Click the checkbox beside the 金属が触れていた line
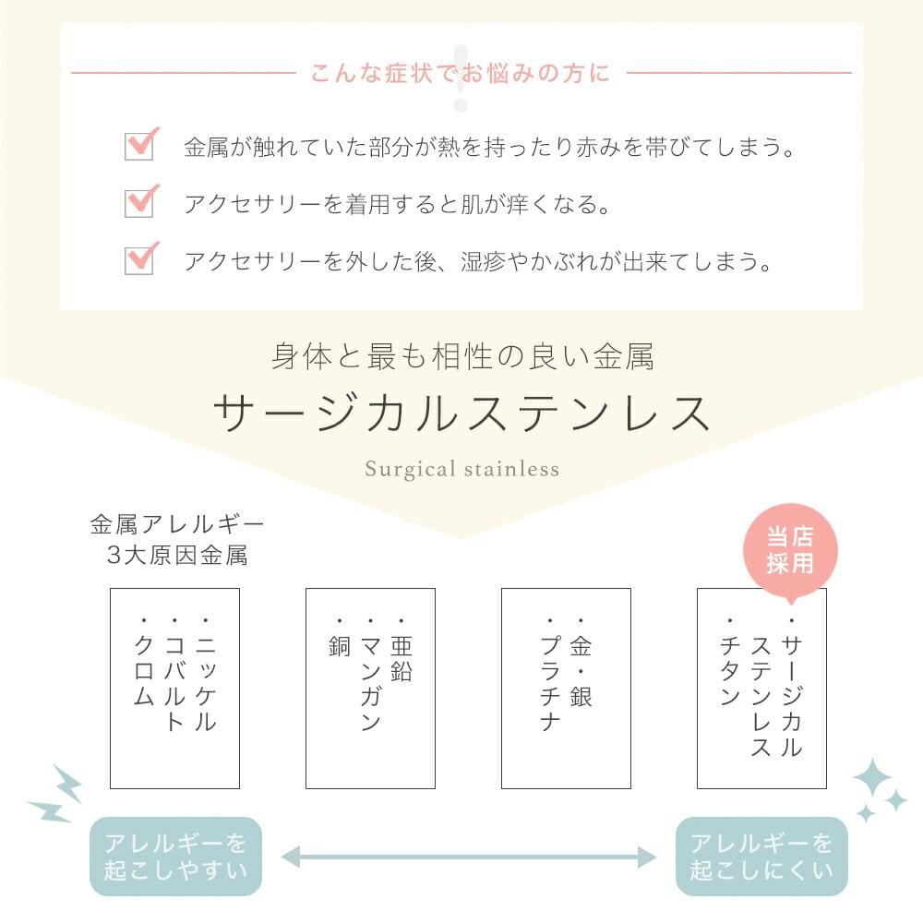[x=139, y=147]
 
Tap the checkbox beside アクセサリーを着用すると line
[x=139, y=203]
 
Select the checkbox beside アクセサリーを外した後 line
[x=139, y=260]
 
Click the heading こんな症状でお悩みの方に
[x=461, y=73]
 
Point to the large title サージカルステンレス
[x=461, y=414]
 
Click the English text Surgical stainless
[x=461, y=469]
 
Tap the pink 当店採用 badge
[x=790, y=550]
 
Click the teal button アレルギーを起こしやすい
[x=175, y=857]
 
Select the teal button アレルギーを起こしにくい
[x=761, y=857]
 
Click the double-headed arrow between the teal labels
[x=468, y=857]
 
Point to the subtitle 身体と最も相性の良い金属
[x=461, y=356]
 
